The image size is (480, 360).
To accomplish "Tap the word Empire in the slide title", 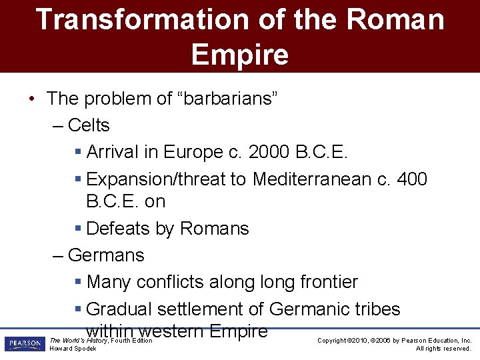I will (x=240, y=55).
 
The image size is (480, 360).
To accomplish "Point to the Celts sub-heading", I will (x=89, y=125).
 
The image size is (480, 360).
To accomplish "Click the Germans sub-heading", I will (x=106, y=255).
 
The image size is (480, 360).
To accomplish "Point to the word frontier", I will (x=324, y=282).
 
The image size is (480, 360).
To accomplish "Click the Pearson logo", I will (x=25, y=344).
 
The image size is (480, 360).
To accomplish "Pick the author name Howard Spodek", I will (x=73, y=349).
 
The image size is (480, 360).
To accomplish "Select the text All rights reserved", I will (x=443, y=349).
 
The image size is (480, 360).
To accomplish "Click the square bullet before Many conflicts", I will (x=78, y=282).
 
